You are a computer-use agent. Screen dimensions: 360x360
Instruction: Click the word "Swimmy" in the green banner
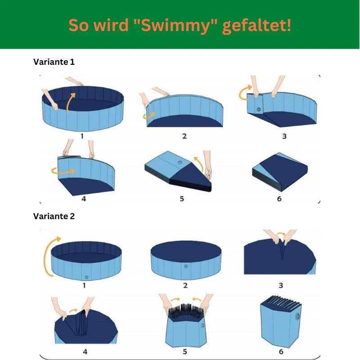pos(175,25)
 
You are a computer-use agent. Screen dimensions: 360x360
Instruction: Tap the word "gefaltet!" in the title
pos(256,25)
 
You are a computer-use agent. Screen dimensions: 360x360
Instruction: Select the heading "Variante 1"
pos(54,62)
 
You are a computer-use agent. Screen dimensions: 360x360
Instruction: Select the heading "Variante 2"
pos(54,216)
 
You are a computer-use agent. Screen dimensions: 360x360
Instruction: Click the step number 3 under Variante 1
pos(284,136)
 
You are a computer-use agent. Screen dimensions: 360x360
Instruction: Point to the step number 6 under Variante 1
pos(279,198)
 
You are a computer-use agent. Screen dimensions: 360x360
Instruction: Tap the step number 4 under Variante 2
pos(85,351)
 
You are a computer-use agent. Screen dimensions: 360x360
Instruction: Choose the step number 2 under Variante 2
pos(185,285)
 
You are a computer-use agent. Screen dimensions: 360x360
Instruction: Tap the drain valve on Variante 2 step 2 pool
pos(186,266)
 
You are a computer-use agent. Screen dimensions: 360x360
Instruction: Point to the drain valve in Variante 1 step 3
pos(259,109)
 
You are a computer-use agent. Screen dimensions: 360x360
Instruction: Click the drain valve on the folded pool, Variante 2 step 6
pos(297,316)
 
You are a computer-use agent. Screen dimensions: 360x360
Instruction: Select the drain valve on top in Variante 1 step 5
pos(180,162)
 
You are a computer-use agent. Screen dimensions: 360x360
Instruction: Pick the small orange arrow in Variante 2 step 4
pos(74,310)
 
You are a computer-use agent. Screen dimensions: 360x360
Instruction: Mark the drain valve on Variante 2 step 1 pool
pos(86,277)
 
